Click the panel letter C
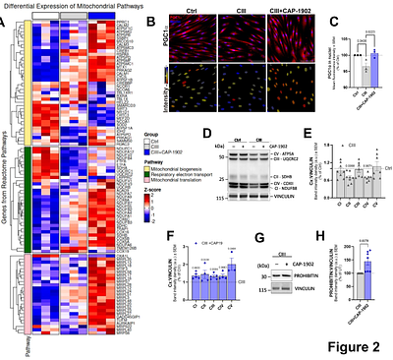pyautogui.click(x=306, y=21)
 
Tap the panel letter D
pyautogui.click(x=203, y=132)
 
